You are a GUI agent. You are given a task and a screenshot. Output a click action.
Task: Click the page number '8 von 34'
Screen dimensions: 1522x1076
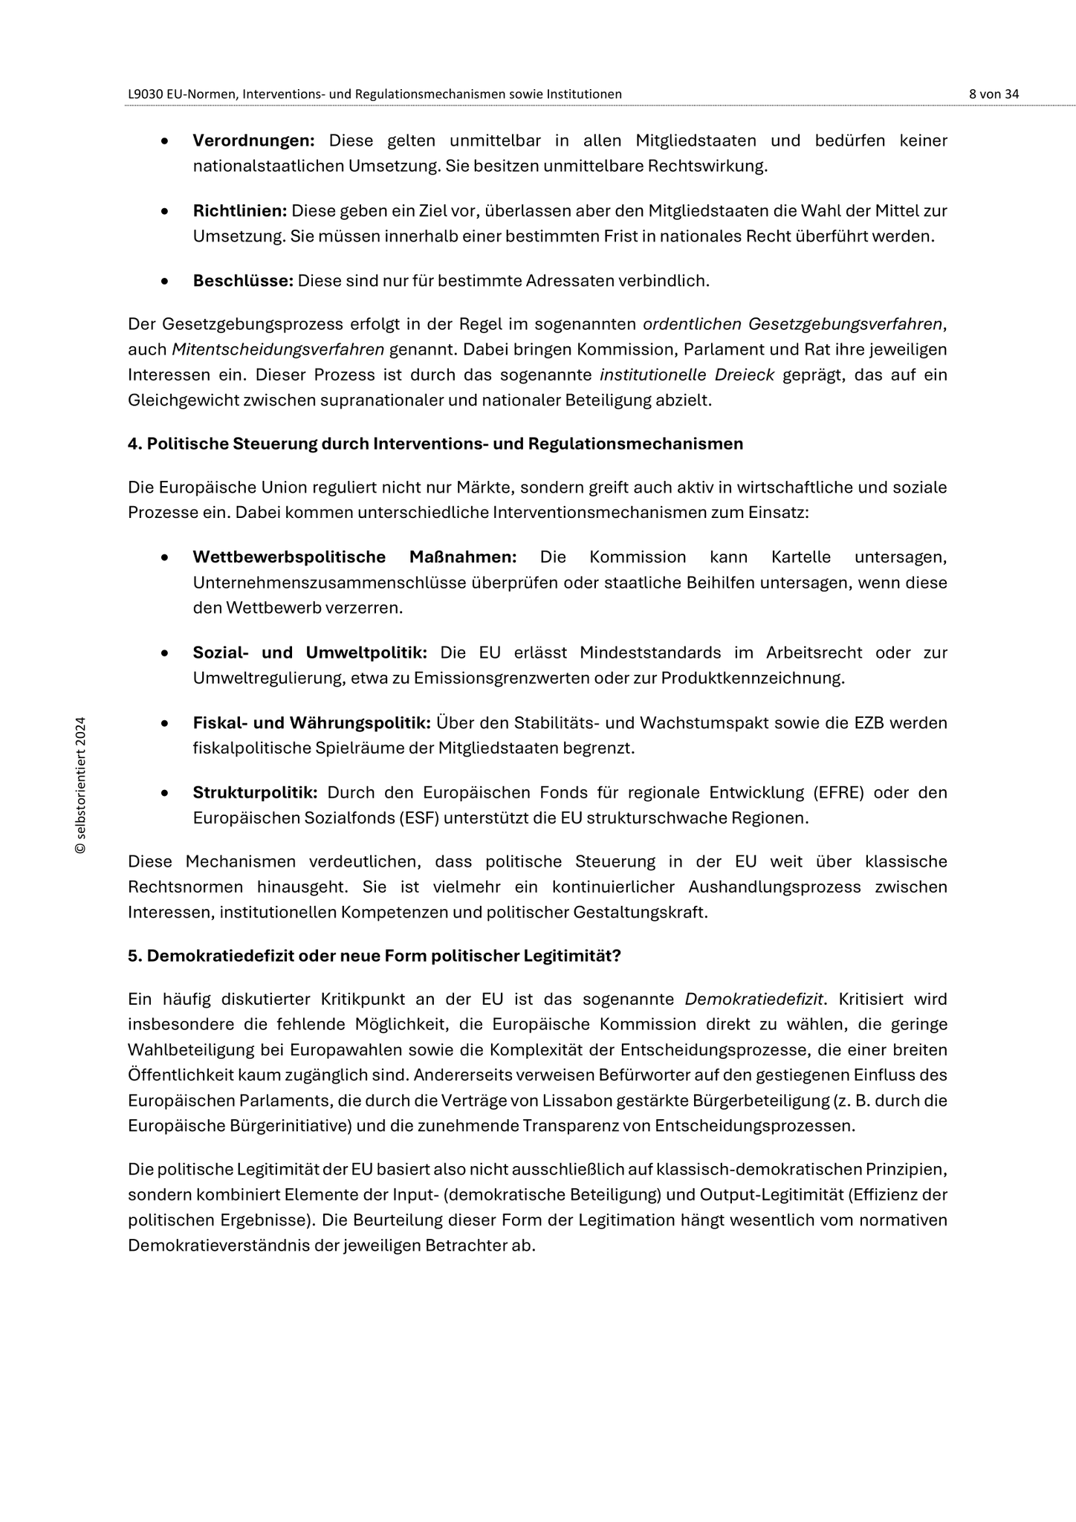(994, 94)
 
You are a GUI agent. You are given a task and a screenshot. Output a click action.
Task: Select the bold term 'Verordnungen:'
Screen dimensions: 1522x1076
(253, 140)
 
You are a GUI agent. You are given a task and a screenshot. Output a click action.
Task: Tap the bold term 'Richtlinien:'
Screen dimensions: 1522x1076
(239, 211)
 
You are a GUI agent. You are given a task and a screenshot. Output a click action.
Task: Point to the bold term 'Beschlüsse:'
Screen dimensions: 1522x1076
(243, 281)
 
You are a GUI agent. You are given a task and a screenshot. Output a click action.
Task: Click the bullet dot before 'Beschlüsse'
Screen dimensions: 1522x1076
(164, 282)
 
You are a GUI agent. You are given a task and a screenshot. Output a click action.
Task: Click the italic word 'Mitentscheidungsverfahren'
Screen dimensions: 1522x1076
(278, 349)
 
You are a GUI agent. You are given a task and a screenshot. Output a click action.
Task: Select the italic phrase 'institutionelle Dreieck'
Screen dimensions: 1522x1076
(687, 375)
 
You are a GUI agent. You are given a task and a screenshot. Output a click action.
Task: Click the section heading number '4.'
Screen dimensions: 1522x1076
(134, 444)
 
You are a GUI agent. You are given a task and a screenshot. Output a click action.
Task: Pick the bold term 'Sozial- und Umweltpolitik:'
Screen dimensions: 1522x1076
(310, 652)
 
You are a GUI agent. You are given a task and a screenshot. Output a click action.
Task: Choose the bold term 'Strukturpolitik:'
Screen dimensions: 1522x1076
(255, 792)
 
